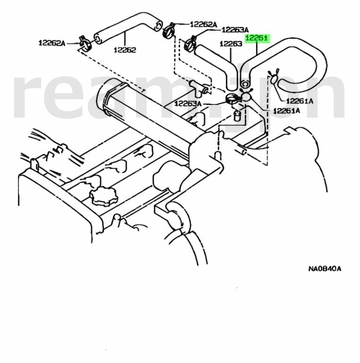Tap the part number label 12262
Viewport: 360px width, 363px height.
[x=125, y=49]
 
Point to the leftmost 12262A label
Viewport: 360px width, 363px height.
[x=51, y=43]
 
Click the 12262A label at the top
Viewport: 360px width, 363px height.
[x=203, y=24]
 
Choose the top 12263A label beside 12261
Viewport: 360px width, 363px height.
[x=235, y=29]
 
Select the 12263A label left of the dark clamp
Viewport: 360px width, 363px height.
[x=188, y=104]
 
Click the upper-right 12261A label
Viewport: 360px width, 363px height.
[x=300, y=101]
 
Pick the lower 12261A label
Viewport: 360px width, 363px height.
[x=286, y=111]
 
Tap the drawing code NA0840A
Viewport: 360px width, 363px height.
[x=325, y=269]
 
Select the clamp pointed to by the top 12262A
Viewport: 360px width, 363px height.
[x=169, y=30]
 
